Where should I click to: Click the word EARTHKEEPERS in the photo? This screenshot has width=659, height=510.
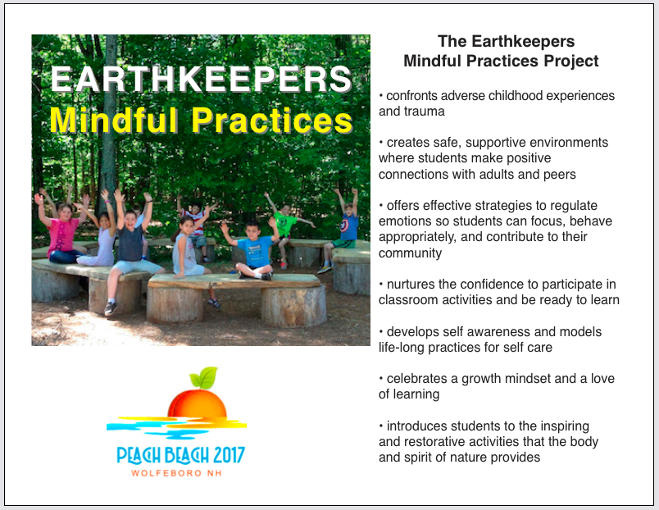point(201,79)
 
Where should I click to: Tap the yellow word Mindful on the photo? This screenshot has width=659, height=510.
point(114,121)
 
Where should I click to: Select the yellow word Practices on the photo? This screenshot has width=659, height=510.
point(272,121)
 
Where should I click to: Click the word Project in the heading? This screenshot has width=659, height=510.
point(571,61)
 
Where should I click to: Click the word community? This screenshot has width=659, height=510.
point(410,253)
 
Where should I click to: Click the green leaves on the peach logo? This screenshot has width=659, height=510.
point(204,377)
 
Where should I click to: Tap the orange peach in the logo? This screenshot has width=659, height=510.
point(197,404)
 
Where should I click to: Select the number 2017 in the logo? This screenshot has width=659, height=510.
point(229,455)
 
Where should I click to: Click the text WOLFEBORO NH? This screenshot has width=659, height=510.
point(176,473)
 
